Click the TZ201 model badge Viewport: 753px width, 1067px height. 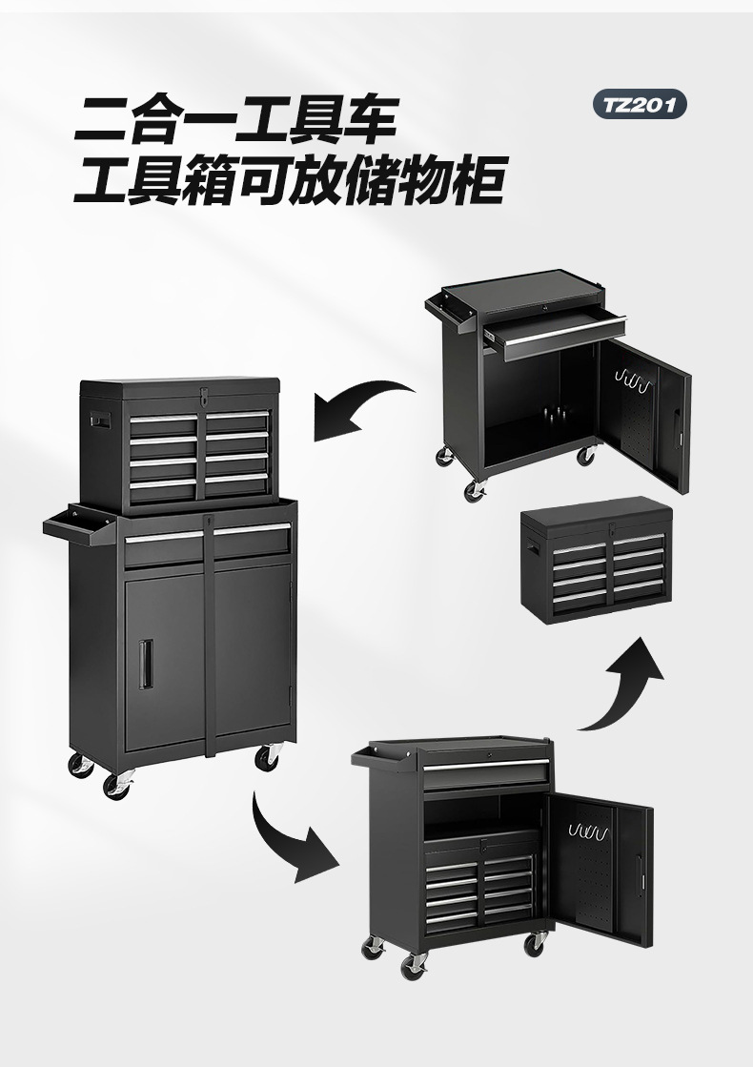(x=639, y=104)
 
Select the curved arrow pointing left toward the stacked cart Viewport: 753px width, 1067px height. (x=362, y=406)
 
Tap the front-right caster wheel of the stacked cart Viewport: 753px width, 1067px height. (x=269, y=756)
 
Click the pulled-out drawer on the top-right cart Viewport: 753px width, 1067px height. (x=553, y=333)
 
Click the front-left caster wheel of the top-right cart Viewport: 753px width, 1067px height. (x=474, y=490)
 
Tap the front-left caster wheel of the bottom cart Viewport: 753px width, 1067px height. (x=414, y=965)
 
